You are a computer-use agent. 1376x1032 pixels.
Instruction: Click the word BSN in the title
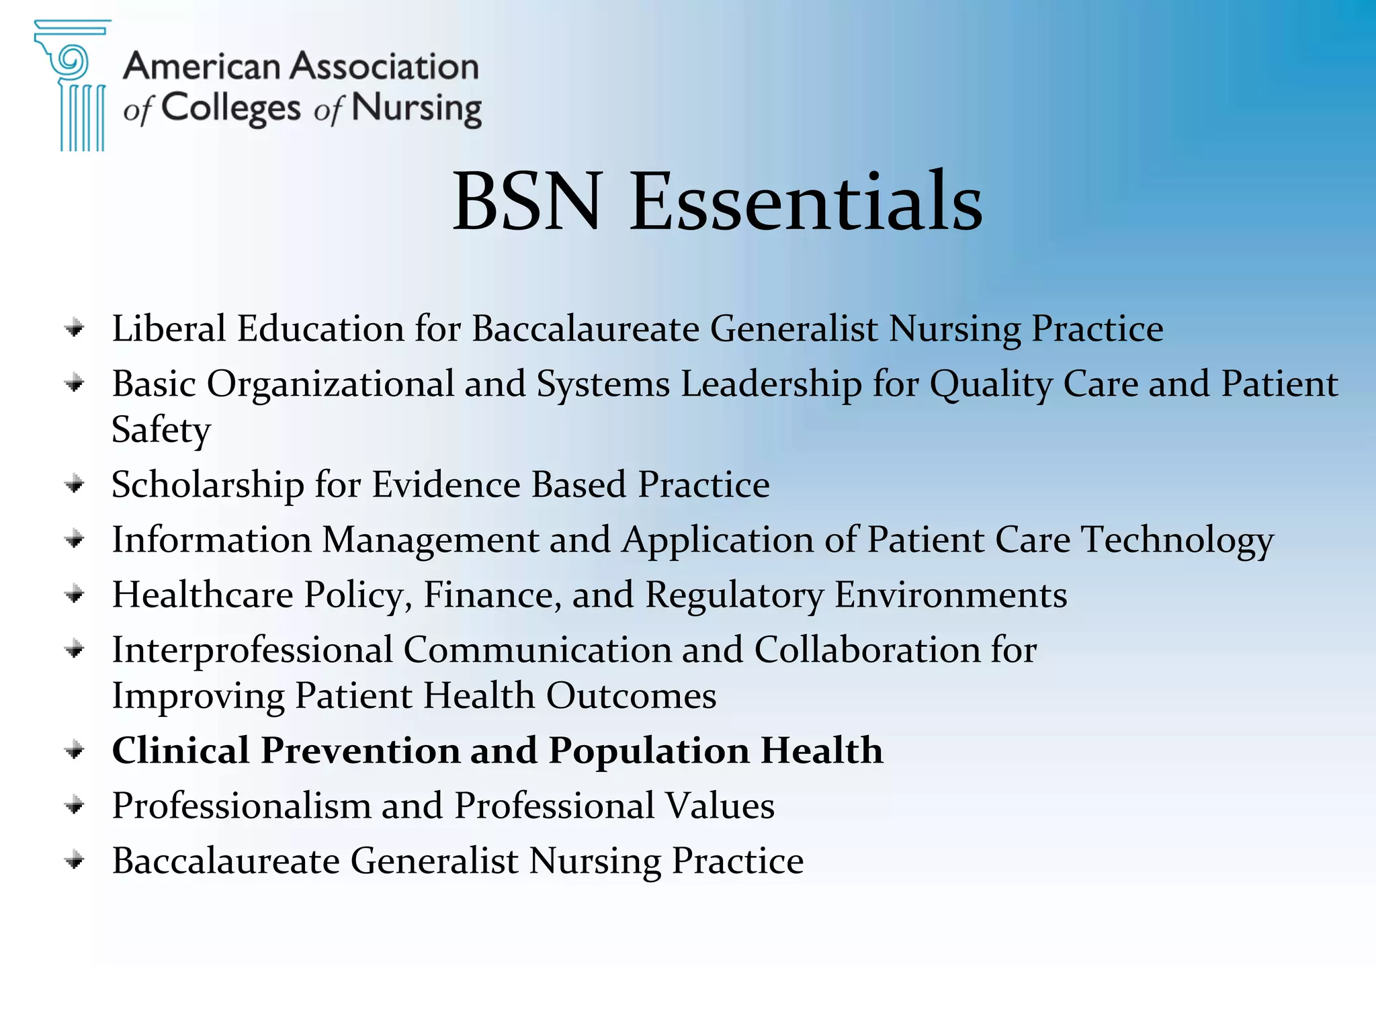click(526, 202)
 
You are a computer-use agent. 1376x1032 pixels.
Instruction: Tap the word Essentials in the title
click(806, 202)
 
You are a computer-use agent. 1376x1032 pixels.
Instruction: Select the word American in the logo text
click(202, 67)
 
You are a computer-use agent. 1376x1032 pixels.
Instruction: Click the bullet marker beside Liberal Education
click(75, 329)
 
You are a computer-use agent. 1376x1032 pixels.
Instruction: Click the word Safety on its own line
click(161, 430)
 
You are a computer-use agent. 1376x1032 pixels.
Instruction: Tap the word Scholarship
click(208, 485)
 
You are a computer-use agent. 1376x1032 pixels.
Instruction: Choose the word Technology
click(1177, 540)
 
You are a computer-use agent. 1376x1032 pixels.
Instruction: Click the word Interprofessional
click(253, 650)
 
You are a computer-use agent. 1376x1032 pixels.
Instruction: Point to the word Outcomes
click(631, 696)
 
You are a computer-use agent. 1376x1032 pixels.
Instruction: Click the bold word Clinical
click(180, 750)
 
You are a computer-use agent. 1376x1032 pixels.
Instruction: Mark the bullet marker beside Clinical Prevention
click(75, 750)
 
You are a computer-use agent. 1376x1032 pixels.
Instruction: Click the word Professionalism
click(241, 806)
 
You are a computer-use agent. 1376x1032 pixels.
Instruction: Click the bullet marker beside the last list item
click(75, 861)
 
